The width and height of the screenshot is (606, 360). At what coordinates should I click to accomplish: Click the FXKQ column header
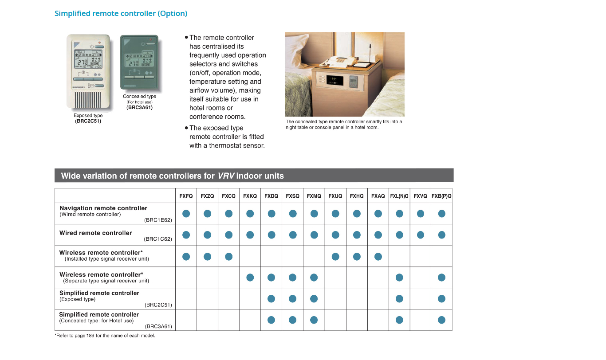[x=250, y=196]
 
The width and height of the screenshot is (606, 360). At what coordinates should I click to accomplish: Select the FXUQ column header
[x=335, y=196]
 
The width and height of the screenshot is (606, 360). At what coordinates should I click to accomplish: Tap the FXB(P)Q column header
[x=441, y=196]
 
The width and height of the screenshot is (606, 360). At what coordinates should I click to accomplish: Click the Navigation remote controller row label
[x=103, y=208]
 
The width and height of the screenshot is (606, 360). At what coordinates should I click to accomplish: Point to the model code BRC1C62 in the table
[x=158, y=239]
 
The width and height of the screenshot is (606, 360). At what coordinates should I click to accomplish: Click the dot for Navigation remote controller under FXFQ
[x=186, y=214]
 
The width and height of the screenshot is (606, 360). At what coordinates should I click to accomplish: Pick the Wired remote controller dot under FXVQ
[x=421, y=235]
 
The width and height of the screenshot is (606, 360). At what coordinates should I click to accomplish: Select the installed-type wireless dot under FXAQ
[x=378, y=256]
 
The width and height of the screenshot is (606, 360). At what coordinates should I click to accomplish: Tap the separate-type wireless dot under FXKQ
[x=250, y=278]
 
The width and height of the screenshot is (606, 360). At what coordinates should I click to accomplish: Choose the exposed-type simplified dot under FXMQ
[x=314, y=299]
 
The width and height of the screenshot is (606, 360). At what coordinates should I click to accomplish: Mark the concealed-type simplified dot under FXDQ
[x=272, y=320]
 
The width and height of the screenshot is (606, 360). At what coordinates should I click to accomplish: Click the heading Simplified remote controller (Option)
[x=121, y=13]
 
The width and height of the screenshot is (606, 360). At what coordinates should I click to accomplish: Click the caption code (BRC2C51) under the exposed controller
[x=88, y=121]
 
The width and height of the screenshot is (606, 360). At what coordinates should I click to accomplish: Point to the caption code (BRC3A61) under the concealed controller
[x=139, y=107]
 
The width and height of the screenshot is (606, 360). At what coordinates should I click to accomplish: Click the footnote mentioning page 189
[x=105, y=336]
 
